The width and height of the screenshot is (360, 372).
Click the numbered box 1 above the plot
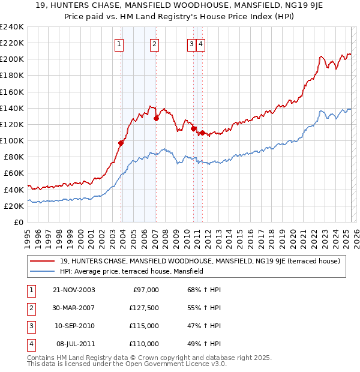(119, 43)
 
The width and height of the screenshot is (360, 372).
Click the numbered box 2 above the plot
(154, 43)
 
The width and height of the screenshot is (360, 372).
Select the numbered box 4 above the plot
(200, 43)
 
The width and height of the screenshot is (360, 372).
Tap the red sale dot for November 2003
(121, 143)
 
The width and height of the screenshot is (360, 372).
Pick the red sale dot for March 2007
(156, 118)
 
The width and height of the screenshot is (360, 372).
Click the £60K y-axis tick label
(14, 173)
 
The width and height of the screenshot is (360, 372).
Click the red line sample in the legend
(43, 261)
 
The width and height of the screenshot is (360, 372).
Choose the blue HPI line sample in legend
(43, 271)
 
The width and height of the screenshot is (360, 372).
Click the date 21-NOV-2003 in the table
(74, 290)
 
